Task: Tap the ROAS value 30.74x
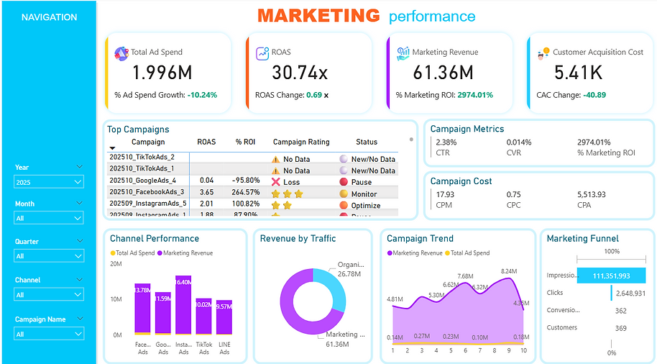point(300,72)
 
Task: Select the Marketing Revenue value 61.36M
point(443,72)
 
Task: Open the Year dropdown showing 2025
point(49,183)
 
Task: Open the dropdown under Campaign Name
point(49,334)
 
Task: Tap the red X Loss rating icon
point(275,181)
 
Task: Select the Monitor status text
point(364,194)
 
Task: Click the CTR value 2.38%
point(446,142)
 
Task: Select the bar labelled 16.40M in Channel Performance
point(183,306)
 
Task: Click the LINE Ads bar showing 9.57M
point(224,317)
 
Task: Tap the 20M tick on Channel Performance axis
point(115,264)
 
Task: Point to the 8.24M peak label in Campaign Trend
point(508,271)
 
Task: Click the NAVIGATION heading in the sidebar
point(49,17)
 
